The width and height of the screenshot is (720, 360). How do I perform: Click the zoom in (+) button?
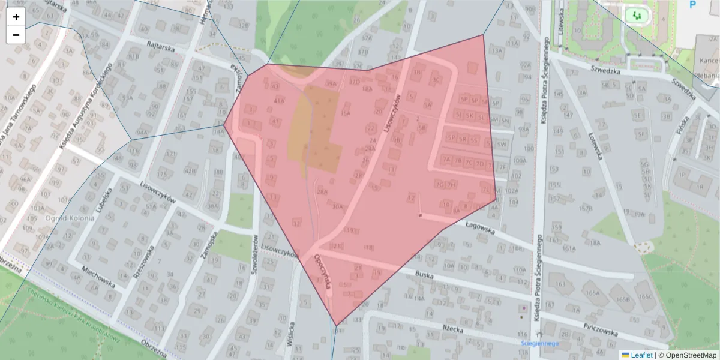pyautogui.click(x=16, y=17)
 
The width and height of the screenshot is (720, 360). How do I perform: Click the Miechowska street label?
pyautogui.click(x=98, y=275)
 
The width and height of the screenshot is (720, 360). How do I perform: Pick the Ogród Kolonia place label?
pyautogui.click(x=70, y=218)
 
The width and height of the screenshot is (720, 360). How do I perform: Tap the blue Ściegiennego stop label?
pyautogui.click(x=539, y=344)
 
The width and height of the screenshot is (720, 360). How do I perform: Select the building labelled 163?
pyautogui.click(x=561, y=284)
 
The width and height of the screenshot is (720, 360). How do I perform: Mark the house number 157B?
pyautogui.click(x=585, y=208)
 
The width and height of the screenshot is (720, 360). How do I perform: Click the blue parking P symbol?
pyautogui.click(x=692, y=5)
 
